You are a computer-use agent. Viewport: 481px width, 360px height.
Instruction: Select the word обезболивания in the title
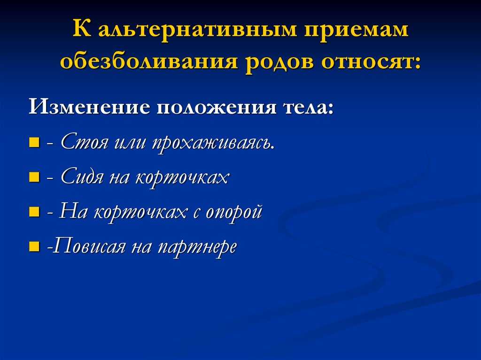point(149,61)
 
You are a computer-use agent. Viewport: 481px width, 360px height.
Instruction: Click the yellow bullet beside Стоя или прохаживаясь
point(34,142)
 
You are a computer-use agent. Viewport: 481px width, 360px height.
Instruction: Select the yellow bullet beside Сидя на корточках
point(34,177)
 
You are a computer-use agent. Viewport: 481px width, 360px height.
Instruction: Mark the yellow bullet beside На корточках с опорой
point(34,212)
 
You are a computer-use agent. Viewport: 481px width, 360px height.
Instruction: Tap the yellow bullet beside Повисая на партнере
point(34,246)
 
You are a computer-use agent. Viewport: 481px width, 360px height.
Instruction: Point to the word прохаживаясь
point(213,143)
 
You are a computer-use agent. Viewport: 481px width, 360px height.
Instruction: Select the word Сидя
point(82,176)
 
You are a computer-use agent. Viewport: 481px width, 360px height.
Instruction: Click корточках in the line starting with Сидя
point(182,178)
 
